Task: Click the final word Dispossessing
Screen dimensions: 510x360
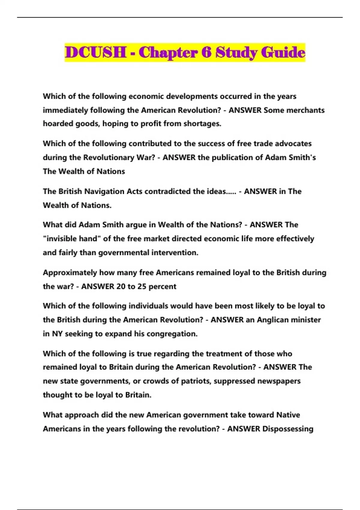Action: coord(288,429)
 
